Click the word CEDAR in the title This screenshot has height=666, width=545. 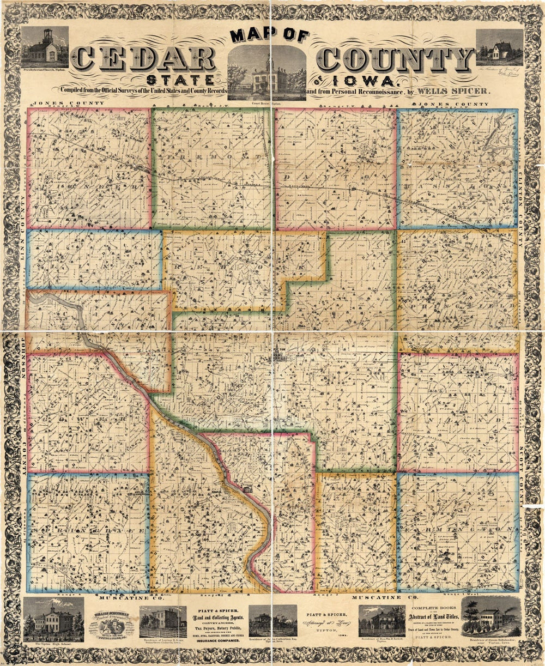tap(145, 59)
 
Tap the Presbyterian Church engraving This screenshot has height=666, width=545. tap(45, 48)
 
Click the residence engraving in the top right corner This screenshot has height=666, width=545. tap(499, 47)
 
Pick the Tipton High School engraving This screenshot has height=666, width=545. tap(53, 619)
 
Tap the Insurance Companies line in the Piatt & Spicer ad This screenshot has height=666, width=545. tap(216, 641)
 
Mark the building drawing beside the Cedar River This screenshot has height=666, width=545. tap(248, 489)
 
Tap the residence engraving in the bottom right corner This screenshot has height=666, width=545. tap(491, 618)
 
